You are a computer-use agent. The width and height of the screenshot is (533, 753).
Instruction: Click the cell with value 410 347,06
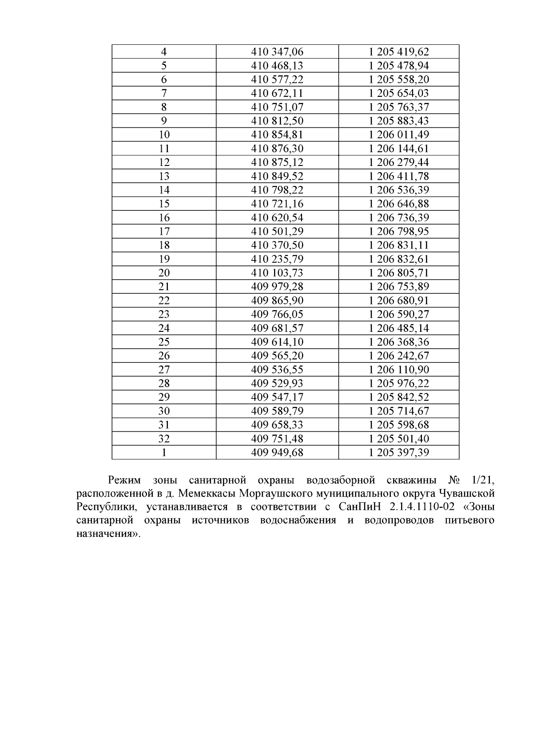click(x=277, y=52)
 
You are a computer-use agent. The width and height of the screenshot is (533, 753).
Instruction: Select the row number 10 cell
click(x=164, y=135)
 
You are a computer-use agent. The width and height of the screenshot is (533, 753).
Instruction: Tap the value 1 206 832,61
click(x=399, y=259)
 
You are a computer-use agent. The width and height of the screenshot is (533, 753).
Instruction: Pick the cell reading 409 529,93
click(x=277, y=383)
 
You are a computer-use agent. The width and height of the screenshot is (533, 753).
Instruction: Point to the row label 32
click(x=164, y=439)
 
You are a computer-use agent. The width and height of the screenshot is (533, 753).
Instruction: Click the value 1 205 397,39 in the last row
click(x=399, y=453)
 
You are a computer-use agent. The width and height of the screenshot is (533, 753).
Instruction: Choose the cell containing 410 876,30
click(x=277, y=149)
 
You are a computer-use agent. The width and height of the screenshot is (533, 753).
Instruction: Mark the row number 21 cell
click(x=164, y=287)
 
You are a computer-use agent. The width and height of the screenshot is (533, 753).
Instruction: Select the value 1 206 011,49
click(x=399, y=135)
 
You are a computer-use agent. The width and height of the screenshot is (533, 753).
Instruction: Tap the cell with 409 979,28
click(x=277, y=287)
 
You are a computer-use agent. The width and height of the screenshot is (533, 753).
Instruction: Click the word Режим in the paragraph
click(x=124, y=480)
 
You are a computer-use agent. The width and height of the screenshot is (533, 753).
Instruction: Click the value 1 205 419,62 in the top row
click(x=399, y=52)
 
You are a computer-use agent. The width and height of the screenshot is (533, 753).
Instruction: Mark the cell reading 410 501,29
click(x=277, y=232)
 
